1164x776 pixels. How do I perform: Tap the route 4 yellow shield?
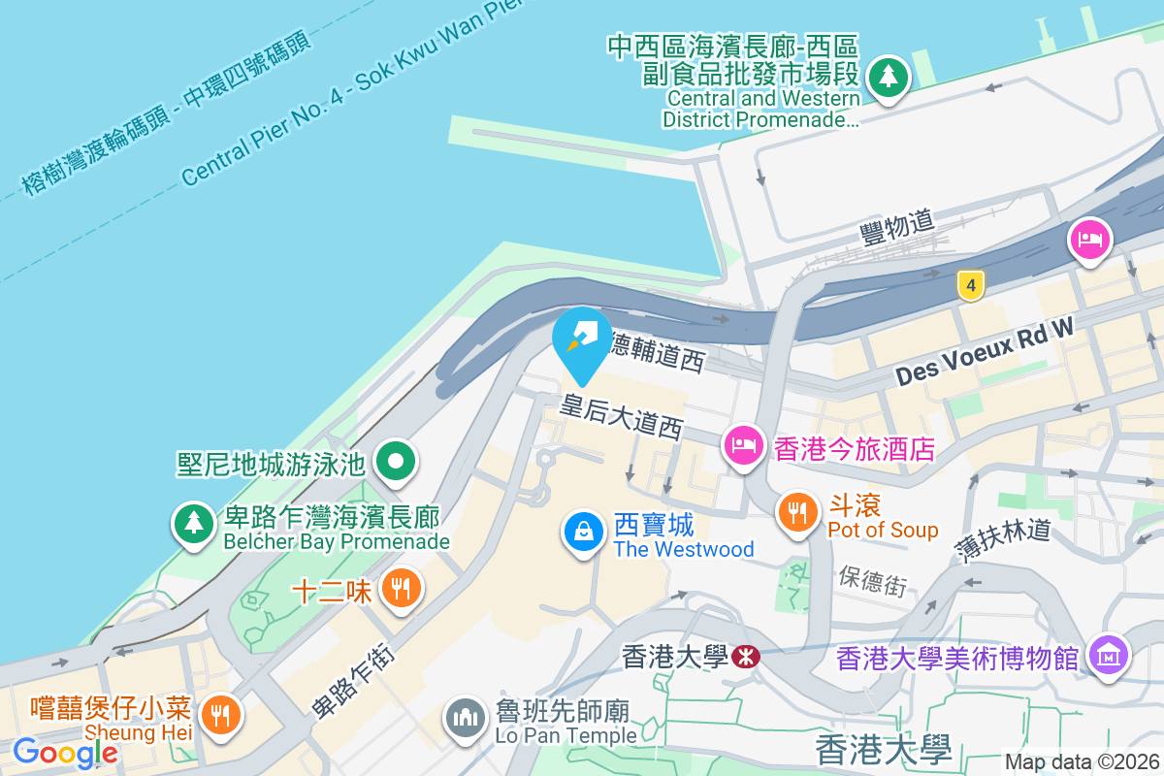click(x=970, y=285)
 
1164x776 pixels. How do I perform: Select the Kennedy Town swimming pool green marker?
click(x=396, y=461)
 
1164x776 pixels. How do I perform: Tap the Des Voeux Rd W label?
click(x=984, y=353)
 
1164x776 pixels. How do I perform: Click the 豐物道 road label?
click(x=897, y=228)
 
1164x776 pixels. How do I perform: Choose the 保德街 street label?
click(x=873, y=579)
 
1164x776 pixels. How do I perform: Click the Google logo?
click(x=65, y=752)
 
